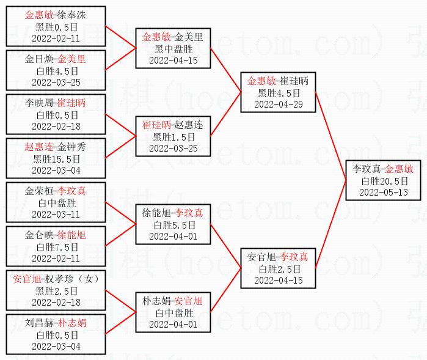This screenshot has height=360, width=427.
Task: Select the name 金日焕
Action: (38, 59)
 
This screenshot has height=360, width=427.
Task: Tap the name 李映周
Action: (38, 103)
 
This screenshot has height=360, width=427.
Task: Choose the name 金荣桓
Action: (38, 191)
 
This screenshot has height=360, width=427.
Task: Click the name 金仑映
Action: (38, 235)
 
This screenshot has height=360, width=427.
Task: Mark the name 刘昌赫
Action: (38, 323)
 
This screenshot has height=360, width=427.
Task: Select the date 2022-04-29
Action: (279, 104)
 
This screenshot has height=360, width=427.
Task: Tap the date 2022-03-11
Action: (56, 214)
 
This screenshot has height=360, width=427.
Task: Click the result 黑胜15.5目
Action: (56, 158)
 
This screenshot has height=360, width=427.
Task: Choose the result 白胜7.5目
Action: (56, 246)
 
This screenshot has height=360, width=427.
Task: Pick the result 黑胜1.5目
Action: (173, 136)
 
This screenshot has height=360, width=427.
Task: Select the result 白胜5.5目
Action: (173, 224)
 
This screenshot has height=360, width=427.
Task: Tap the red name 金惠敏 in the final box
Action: (399, 169)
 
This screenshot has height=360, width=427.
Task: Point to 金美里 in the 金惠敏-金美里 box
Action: (189, 37)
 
